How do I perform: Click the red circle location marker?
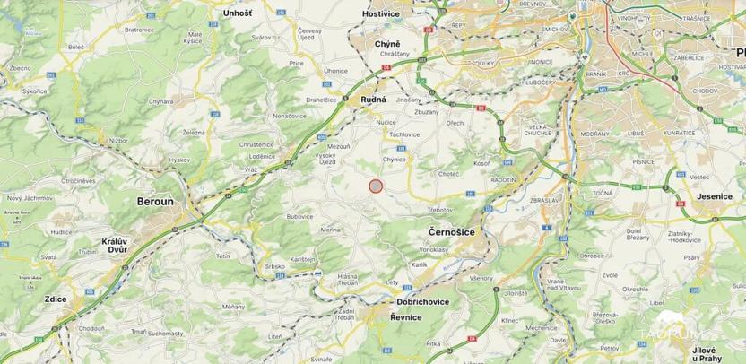point(377,186)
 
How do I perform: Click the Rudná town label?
point(373,100)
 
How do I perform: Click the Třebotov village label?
point(439,209)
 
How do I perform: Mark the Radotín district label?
point(503,178)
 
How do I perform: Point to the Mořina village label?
point(331,230)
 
